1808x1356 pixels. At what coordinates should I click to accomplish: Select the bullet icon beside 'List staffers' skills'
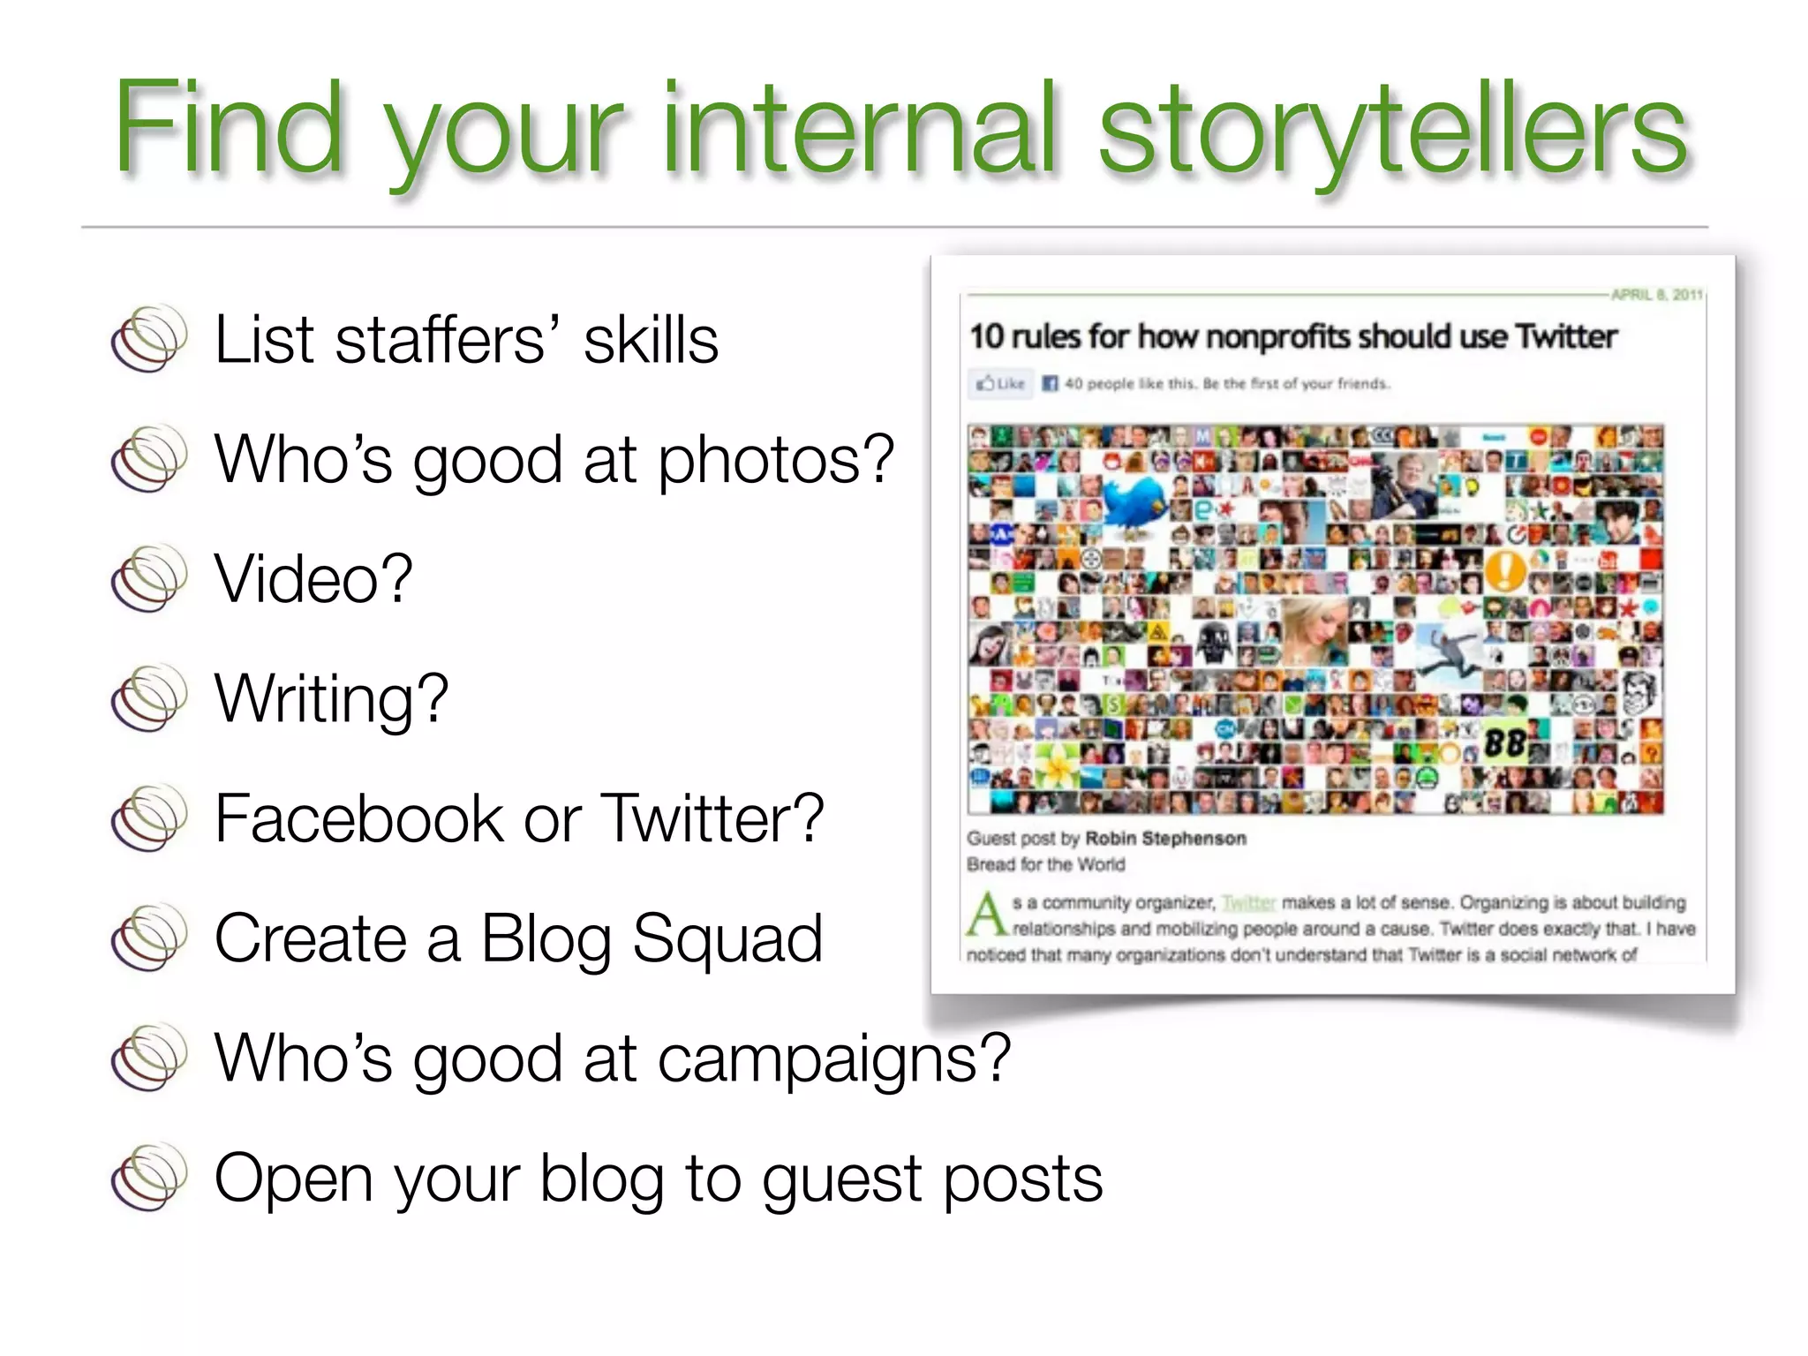click(149, 339)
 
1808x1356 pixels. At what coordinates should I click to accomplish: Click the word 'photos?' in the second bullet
click(776, 461)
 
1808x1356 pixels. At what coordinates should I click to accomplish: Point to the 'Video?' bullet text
click(313, 578)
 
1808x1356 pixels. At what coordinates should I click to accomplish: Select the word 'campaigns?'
click(833, 1058)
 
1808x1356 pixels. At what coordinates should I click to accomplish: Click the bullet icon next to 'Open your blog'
click(149, 1178)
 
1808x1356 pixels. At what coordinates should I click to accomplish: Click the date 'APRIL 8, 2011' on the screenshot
click(1655, 295)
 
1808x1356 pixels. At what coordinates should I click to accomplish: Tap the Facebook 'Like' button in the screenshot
click(1001, 384)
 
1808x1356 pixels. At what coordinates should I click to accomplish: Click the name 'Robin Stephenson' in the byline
click(1165, 839)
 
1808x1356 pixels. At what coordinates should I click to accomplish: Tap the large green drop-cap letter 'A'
click(986, 915)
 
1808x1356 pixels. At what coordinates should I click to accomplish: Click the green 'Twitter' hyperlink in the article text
click(1248, 903)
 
